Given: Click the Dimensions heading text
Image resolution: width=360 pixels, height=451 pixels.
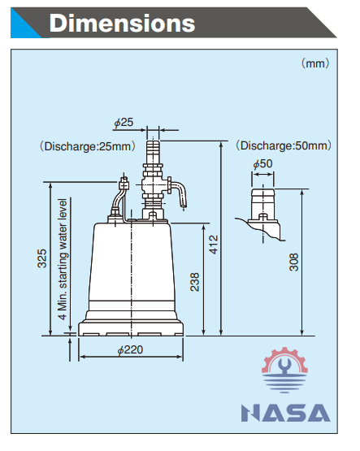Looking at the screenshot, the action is [122, 23].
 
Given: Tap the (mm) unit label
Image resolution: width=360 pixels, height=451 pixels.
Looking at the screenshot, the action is [315, 63].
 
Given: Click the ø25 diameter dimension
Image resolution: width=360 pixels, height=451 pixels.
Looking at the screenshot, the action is [124, 123].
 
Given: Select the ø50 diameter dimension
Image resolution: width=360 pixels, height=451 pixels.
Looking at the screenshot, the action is [262, 164].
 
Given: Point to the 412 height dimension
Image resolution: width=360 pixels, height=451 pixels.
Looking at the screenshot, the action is [214, 245].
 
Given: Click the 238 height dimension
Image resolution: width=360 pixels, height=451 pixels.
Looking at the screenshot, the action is [195, 282].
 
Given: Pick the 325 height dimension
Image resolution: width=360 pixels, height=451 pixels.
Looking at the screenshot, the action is [42, 258].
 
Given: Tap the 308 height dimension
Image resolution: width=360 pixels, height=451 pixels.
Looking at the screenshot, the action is [293, 262].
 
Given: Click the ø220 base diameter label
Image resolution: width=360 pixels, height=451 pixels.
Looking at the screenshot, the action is [130, 350].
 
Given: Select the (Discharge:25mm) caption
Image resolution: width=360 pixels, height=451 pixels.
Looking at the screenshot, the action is [88, 146].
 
